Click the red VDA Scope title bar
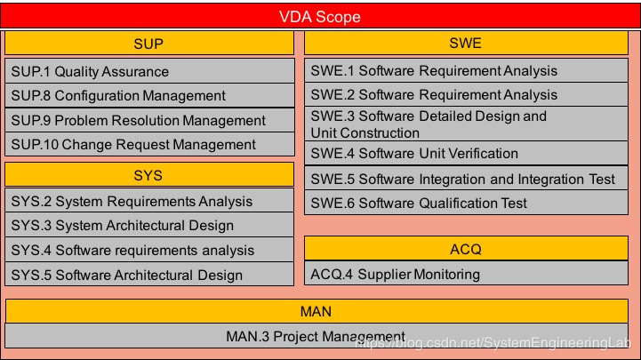pyautogui.click(x=320, y=16)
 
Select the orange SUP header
pyautogui.click(x=148, y=44)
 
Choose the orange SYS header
pyautogui.click(x=148, y=174)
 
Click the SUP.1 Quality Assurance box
pyautogui.click(x=148, y=71)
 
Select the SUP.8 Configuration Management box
pyautogui.click(x=148, y=95)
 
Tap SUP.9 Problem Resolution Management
pyautogui.click(x=148, y=120)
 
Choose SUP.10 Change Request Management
pyautogui.click(x=148, y=144)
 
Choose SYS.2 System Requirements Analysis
pyautogui.click(x=148, y=201)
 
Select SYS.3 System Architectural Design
pyautogui.click(x=148, y=225)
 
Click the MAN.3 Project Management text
pyautogui.click(x=316, y=336)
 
